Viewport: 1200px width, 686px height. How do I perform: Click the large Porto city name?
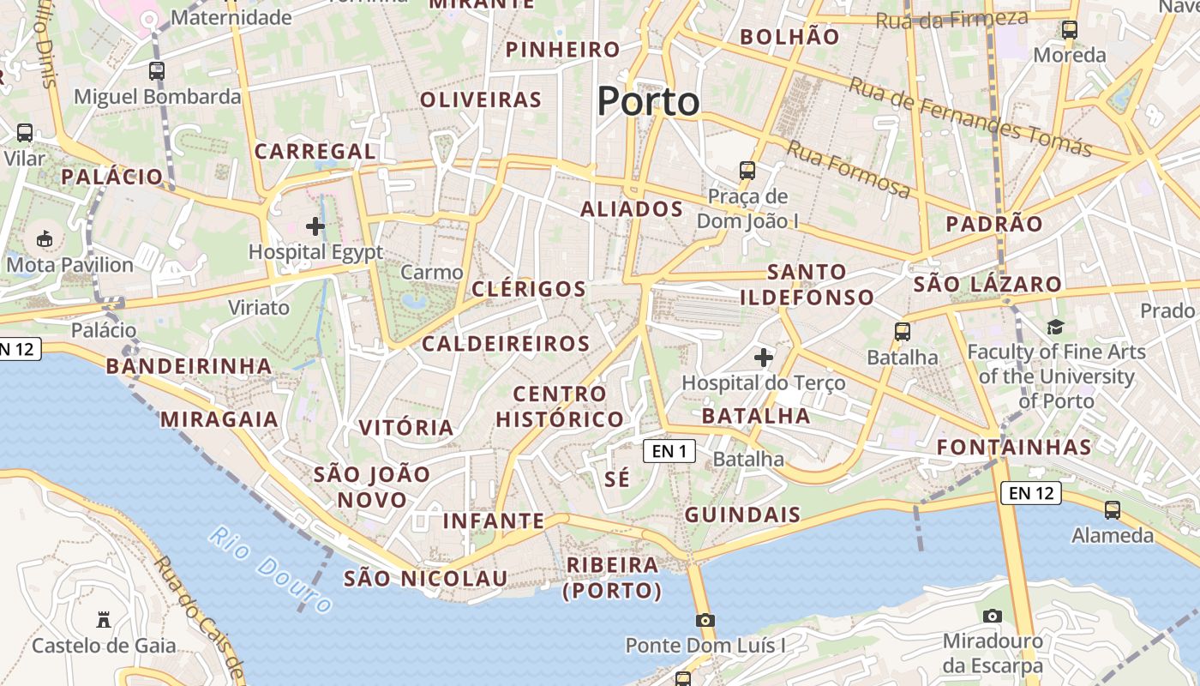[648, 101]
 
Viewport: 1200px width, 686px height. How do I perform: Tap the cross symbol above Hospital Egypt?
[315, 226]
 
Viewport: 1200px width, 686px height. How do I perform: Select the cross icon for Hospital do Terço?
[763, 357]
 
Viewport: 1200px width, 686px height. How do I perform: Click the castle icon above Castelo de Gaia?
[104, 619]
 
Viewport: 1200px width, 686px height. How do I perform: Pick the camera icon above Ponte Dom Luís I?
[705, 620]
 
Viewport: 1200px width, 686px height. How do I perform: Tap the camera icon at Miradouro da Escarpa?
[993, 616]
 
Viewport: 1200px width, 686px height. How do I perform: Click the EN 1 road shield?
[669, 450]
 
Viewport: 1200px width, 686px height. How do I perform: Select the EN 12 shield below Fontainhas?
[1031, 493]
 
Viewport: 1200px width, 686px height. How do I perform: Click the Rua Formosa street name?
[848, 170]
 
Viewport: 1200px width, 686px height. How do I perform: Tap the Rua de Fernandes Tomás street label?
[970, 117]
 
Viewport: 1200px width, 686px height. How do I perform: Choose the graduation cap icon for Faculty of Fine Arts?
[1055, 327]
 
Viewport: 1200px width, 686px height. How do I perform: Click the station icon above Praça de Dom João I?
[747, 171]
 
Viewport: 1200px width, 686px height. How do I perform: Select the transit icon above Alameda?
[1113, 510]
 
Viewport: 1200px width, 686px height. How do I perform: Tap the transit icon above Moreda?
[1070, 30]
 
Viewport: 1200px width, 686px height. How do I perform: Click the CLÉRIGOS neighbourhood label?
[529, 289]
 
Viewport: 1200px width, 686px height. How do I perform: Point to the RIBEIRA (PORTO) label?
[613, 578]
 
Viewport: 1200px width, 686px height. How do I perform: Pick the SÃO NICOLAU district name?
[426, 579]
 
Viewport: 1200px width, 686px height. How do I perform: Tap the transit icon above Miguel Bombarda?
[157, 71]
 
